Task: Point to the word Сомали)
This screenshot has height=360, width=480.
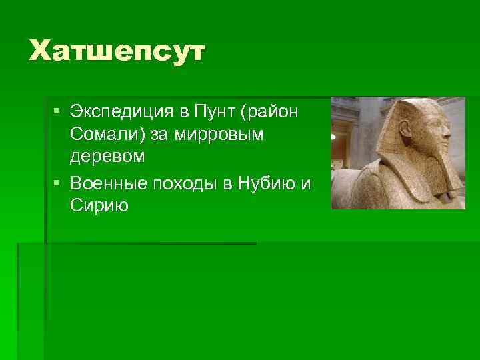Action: tap(106, 135)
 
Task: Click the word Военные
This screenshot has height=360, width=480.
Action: tap(107, 183)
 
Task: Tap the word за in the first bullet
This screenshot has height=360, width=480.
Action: tap(160, 135)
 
